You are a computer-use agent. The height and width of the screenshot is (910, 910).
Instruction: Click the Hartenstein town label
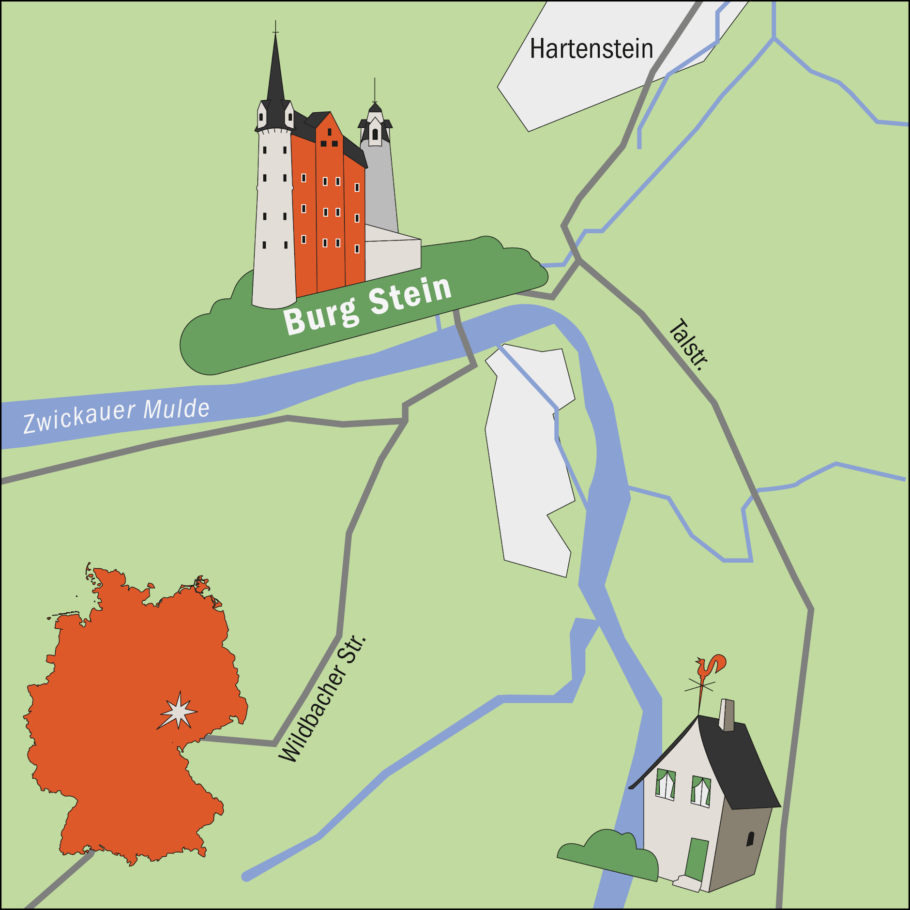(591, 49)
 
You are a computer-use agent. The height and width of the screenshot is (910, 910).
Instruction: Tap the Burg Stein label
(367, 305)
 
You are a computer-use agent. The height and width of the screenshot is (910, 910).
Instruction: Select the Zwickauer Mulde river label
(116, 415)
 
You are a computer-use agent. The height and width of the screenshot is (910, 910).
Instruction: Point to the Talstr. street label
(688, 345)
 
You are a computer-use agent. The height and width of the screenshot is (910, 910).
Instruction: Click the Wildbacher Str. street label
(322, 699)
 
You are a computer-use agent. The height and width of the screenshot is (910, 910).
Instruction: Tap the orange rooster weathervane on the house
(710, 667)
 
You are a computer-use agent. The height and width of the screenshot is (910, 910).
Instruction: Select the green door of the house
(697, 860)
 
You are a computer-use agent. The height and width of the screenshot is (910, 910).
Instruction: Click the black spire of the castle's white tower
(275, 77)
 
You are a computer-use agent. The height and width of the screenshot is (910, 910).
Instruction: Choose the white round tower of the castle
(274, 218)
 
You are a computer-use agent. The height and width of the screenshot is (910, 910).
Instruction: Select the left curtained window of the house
(666, 784)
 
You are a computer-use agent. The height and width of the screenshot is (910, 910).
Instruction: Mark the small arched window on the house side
(750, 838)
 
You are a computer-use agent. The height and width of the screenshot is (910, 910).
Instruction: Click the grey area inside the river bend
(528, 460)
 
